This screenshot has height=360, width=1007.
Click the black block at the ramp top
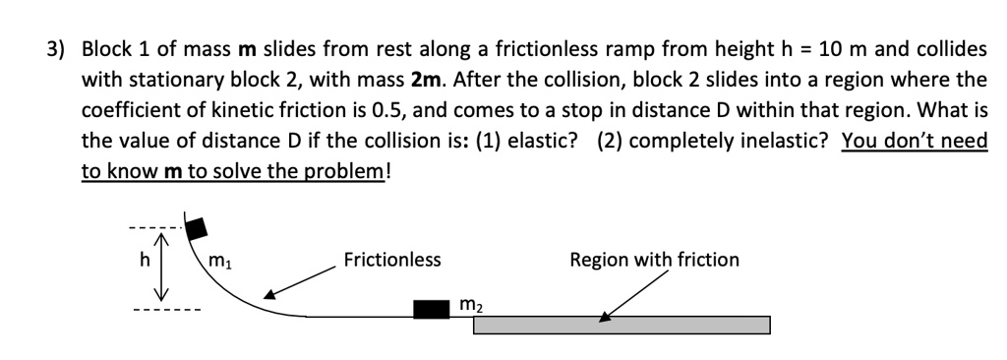197,227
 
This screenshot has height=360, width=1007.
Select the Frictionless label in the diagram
392,260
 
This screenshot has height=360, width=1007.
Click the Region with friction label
654,260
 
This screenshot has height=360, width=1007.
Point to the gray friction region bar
622,326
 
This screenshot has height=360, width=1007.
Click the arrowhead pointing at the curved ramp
268,292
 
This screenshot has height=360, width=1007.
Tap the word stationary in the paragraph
162,79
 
